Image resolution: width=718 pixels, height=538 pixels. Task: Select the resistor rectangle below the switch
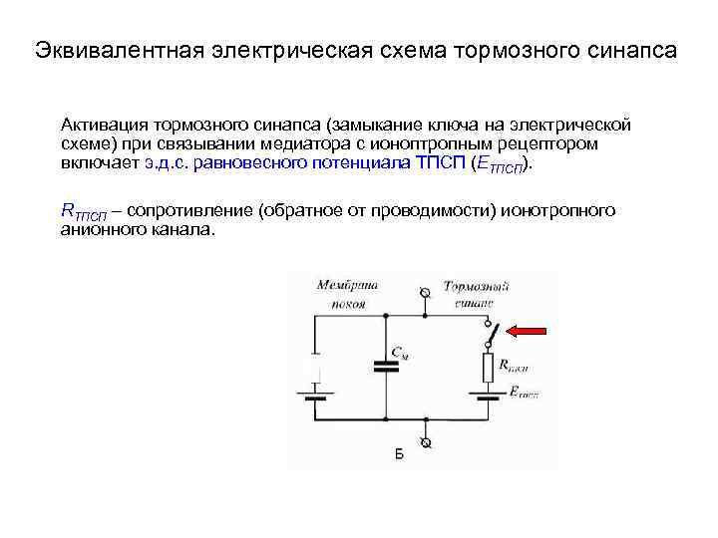coord(488,367)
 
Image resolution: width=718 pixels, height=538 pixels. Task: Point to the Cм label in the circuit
coord(399,351)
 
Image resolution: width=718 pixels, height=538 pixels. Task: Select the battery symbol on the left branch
coord(316,392)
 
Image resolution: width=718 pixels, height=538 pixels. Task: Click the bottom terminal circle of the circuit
coord(427,441)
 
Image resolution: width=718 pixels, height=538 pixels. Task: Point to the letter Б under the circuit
coord(399,454)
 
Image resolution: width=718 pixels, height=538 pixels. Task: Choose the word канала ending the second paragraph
coord(180,229)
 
